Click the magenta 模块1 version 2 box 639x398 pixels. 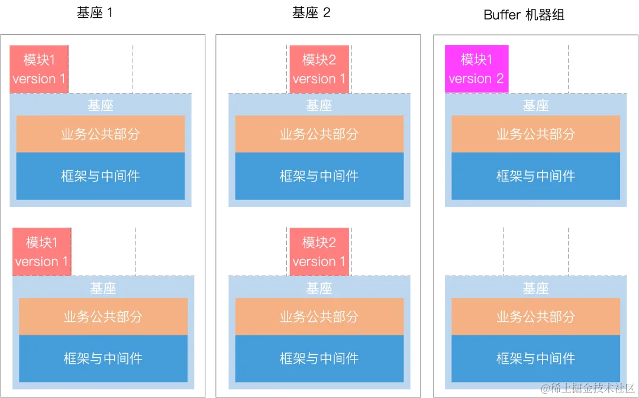pos(476,69)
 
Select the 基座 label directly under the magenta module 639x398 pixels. pos(535,105)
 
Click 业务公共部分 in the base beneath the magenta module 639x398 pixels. pos(535,134)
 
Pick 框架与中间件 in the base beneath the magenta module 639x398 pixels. pos(535,176)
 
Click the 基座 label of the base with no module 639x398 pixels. pos(535,288)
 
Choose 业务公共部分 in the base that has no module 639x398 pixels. pos(535,317)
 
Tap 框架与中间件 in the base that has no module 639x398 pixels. pos(535,358)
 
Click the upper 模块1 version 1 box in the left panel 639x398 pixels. pos(39,69)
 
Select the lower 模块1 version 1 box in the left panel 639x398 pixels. pos(41,252)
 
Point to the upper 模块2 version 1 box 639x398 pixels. pos(319,69)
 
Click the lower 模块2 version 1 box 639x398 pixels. pos(319,252)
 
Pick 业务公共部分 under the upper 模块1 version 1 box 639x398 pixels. pos(101,134)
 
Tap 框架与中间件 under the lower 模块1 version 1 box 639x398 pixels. pos(103,358)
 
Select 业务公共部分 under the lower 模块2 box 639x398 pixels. pos(319,317)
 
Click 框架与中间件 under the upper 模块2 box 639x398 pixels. pos(319,176)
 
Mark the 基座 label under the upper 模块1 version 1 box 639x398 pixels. pos(101,105)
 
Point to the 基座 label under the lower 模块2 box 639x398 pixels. pos(319,288)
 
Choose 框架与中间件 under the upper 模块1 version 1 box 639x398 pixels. pos(101,176)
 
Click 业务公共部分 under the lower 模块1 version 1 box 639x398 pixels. pos(103,317)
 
